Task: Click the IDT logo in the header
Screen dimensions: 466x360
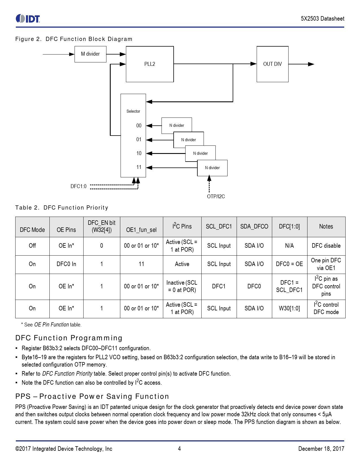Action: click(x=28, y=19)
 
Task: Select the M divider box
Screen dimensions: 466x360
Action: click(x=90, y=54)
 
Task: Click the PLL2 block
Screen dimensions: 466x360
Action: click(x=150, y=64)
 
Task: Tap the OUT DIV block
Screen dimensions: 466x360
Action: click(x=272, y=64)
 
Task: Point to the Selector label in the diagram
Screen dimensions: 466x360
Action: click(x=133, y=111)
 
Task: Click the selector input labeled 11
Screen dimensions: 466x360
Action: click(x=139, y=167)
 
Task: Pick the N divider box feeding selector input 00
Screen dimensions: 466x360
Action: click(x=176, y=125)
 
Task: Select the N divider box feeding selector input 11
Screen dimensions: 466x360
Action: click(x=212, y=168)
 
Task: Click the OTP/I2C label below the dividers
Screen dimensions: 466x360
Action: click(x=216, y=197)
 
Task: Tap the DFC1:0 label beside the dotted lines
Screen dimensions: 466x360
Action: click(x=78, y=186)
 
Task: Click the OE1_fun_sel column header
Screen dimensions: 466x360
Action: click(x=141, y=230)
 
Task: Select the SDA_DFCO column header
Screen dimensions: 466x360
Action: click(x=254, y=227)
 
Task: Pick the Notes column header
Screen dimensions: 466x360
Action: click(x=326, y=227)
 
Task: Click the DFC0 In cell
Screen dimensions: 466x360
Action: click(x=66, y=264)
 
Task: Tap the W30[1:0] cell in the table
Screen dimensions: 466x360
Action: click(x=289, y=308)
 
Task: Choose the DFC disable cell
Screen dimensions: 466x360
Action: click(x=326, y=246)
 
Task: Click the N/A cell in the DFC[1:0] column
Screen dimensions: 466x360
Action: click(x=289, y=246)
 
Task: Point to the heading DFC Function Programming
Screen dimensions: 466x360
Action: click(x=69, y=338)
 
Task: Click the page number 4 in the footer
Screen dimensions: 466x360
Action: click(x=179, y=449)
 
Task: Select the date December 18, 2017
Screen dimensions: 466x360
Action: click(x=321, y=449)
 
